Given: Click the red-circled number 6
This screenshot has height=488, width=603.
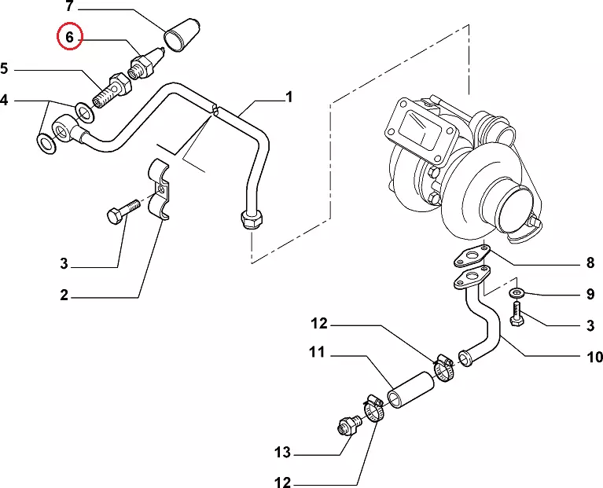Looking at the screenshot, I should (68, 37).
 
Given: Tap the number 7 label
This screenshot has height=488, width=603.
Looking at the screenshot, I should (69, 7).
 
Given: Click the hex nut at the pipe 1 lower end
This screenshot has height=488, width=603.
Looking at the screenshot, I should (252, 218).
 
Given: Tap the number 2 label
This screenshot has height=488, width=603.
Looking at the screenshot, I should (64, 295).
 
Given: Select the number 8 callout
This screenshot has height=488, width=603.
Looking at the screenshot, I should (590, 263).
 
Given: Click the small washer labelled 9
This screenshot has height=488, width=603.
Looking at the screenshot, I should (517, 294).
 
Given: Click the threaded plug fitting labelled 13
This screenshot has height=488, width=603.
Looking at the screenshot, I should (345, 425).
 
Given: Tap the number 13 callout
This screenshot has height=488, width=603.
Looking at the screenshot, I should (282, 453).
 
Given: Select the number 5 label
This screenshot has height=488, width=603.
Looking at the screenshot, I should (6, 69).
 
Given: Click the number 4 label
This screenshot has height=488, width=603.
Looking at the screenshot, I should (6, 100).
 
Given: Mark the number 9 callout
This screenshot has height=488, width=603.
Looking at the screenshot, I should (590, 295).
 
